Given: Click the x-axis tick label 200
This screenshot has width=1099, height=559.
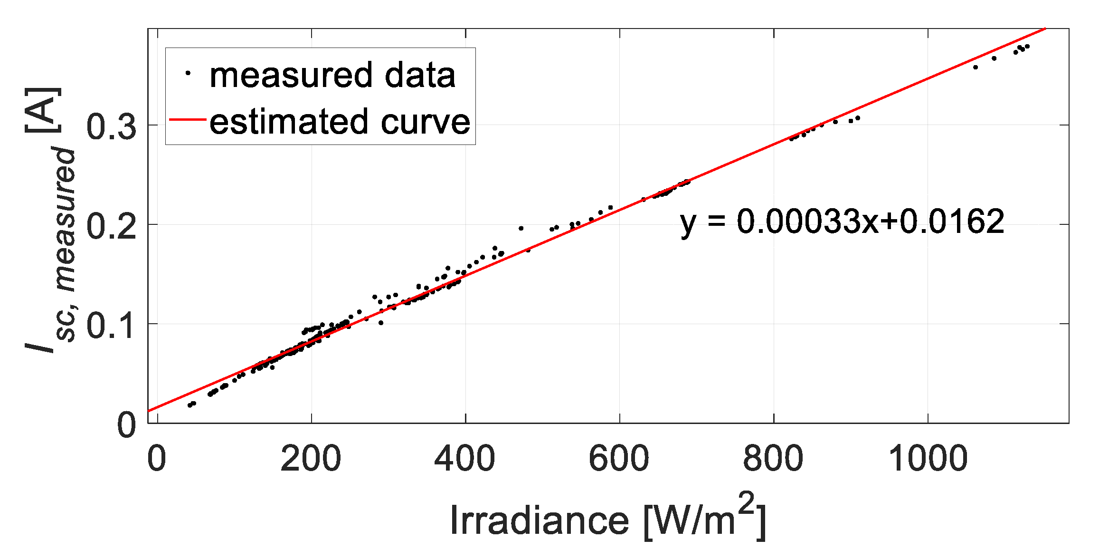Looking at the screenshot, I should (311, 459).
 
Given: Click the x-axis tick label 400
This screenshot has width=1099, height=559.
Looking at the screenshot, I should (464, 459).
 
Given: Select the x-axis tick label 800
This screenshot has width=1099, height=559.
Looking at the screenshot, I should (773, 459).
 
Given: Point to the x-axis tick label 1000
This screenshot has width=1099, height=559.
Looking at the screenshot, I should (928, 459).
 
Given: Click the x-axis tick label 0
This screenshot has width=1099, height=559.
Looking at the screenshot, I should (157, 459).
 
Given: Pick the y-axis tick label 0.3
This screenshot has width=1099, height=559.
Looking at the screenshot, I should (111, 127).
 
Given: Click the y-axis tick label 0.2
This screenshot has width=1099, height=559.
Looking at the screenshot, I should (111, 226).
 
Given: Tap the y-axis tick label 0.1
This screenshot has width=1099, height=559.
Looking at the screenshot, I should (111, 326).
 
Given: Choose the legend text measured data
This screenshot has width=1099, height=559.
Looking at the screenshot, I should (332, 76).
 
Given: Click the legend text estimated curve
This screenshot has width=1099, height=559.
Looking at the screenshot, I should (340, 122).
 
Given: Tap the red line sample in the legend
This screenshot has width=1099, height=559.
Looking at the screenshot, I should (187, 120).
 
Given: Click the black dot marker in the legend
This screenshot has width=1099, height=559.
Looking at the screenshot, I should (188, 73).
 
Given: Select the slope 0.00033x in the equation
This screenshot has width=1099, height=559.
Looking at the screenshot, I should (807, 222).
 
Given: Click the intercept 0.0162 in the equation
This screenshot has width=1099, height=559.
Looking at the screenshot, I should (952, 222).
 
